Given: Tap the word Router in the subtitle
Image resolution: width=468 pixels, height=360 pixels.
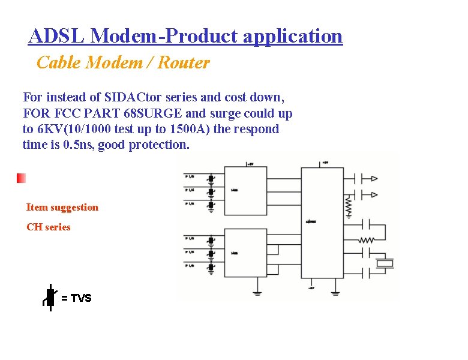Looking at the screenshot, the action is (x=184, y=63).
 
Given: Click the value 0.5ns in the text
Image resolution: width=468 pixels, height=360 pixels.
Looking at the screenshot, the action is (x=78, y=145).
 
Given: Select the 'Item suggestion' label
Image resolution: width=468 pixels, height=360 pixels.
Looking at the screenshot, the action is (x=62, y=208).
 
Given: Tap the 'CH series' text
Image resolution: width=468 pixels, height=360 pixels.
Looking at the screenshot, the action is (x=48, y=227).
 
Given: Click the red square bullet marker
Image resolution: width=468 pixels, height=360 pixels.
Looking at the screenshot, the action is (x=21, y=178).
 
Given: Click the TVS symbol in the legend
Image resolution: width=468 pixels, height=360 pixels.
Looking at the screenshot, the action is (x=50, y=298).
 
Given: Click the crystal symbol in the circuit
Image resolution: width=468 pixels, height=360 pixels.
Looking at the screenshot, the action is (x=384, y=263).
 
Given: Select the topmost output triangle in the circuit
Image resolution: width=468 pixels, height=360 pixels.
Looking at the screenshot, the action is (x=374, y=178).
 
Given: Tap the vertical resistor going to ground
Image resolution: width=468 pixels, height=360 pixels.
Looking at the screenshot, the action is (x=347, y=207).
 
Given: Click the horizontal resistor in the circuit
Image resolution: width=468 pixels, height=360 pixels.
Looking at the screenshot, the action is (x=366, y=240).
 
